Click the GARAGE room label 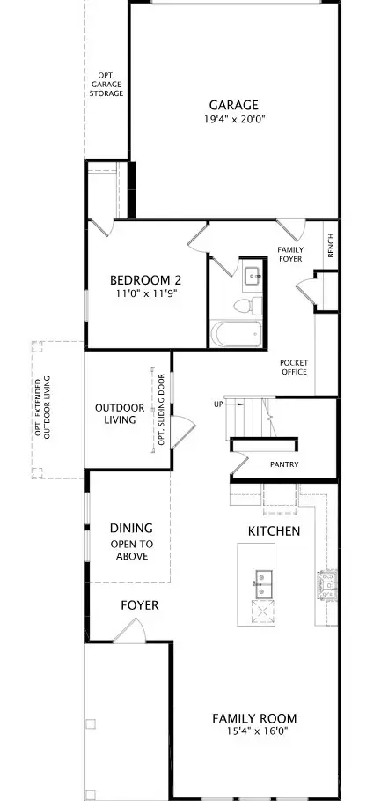[x=234, y=105]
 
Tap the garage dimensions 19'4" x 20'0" [x=234, y=120]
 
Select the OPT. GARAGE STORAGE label [x=106, y=85]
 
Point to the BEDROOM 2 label [x=146, y=280]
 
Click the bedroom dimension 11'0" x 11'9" [x=146, y=293]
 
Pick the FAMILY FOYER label [x=290, y=255]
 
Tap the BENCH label [x=331, y=246]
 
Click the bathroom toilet [x=248, y=306]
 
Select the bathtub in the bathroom [x=236, y=334]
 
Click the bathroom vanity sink [x=253, y=276]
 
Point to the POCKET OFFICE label [x=294, y=367]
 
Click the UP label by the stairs [x=218, y=404]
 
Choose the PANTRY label [x=284, y=464]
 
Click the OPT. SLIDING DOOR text [x=162, y=410]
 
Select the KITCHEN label [x=274, y=531]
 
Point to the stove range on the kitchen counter [x=326, y=585]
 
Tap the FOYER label [x=140, y=606]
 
